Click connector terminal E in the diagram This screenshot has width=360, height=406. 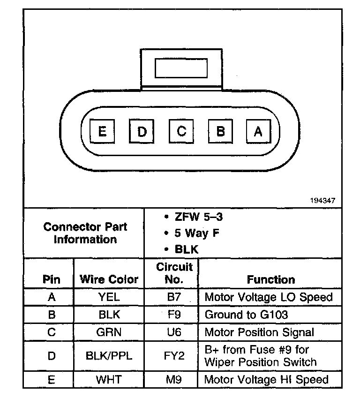click(x=102, y=132)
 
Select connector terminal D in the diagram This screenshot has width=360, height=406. click(x=141, y=132)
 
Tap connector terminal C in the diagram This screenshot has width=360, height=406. click(x=181, y=132)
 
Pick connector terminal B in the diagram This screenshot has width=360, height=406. click(x=220, y=132)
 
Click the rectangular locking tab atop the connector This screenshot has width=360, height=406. click(x=181, y=68)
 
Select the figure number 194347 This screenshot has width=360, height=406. click(x=322, y=201)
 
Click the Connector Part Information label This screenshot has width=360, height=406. click(x=85, y=233)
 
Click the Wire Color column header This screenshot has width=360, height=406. click(x=109, y=279)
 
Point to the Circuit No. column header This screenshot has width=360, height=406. click(x=174, y=273)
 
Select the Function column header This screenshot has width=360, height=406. click(x=271, y=279)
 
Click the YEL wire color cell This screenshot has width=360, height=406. click(x=109, y=297)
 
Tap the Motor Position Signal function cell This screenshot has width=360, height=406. click(x=259, y=332)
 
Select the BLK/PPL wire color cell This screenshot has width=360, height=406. click(x=109, y=356)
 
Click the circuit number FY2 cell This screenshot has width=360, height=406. click(x=174, y=356)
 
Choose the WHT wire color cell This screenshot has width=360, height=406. click(x=109, y=379)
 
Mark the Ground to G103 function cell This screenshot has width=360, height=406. click(x=246, y=315)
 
